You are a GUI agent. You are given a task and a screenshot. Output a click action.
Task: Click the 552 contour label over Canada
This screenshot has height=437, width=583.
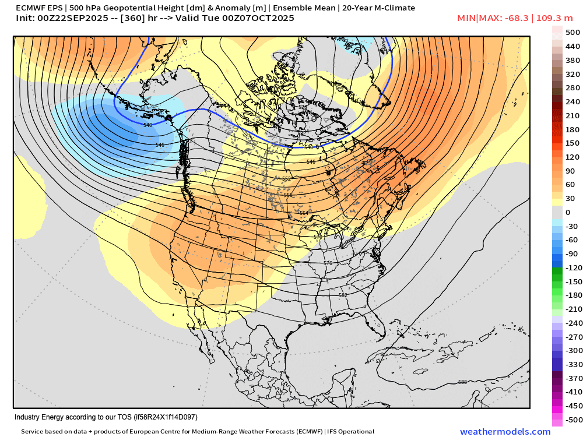click(x=286, y=178)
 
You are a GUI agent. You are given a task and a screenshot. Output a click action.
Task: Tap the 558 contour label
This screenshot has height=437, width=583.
click(x=288, y=195)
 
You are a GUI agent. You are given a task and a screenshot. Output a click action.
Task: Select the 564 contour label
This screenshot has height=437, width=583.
click(x=304, y=213)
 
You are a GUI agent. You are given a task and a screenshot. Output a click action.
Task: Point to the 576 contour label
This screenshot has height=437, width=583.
click(x=328, y=263)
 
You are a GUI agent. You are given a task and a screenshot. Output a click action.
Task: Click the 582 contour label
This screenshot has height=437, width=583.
click(x=343, y=295)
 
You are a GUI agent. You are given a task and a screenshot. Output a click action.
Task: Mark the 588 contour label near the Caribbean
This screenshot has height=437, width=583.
click(x=462, y=382)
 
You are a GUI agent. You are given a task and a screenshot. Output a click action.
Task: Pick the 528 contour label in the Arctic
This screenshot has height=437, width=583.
click(x=303, y=108)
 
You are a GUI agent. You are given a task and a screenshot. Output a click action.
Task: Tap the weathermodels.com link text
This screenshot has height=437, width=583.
click(x=505, y=432)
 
